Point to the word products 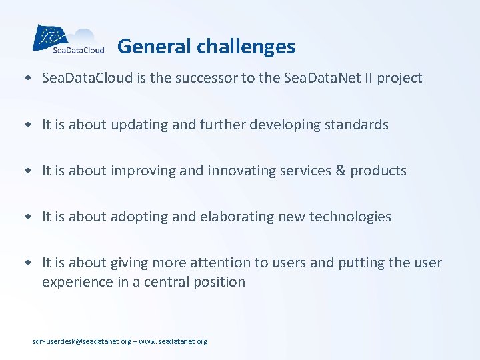(378, 171)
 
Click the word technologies (352, 217)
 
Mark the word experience (74, 282)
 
